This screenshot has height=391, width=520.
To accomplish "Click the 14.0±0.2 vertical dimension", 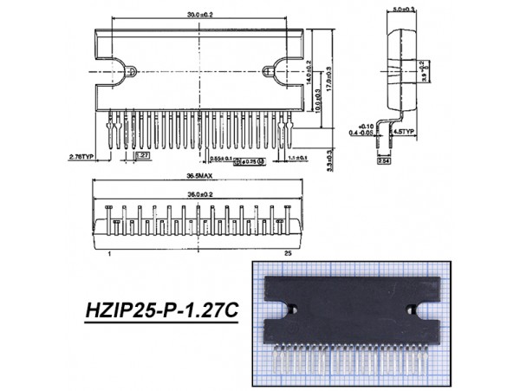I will [x=310, y=70].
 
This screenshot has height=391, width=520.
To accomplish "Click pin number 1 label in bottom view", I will [x=110, y=253].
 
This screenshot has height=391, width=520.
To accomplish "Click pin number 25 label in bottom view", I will [x=287, y=253].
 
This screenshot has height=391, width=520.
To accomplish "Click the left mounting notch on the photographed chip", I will [x=296, y=307].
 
